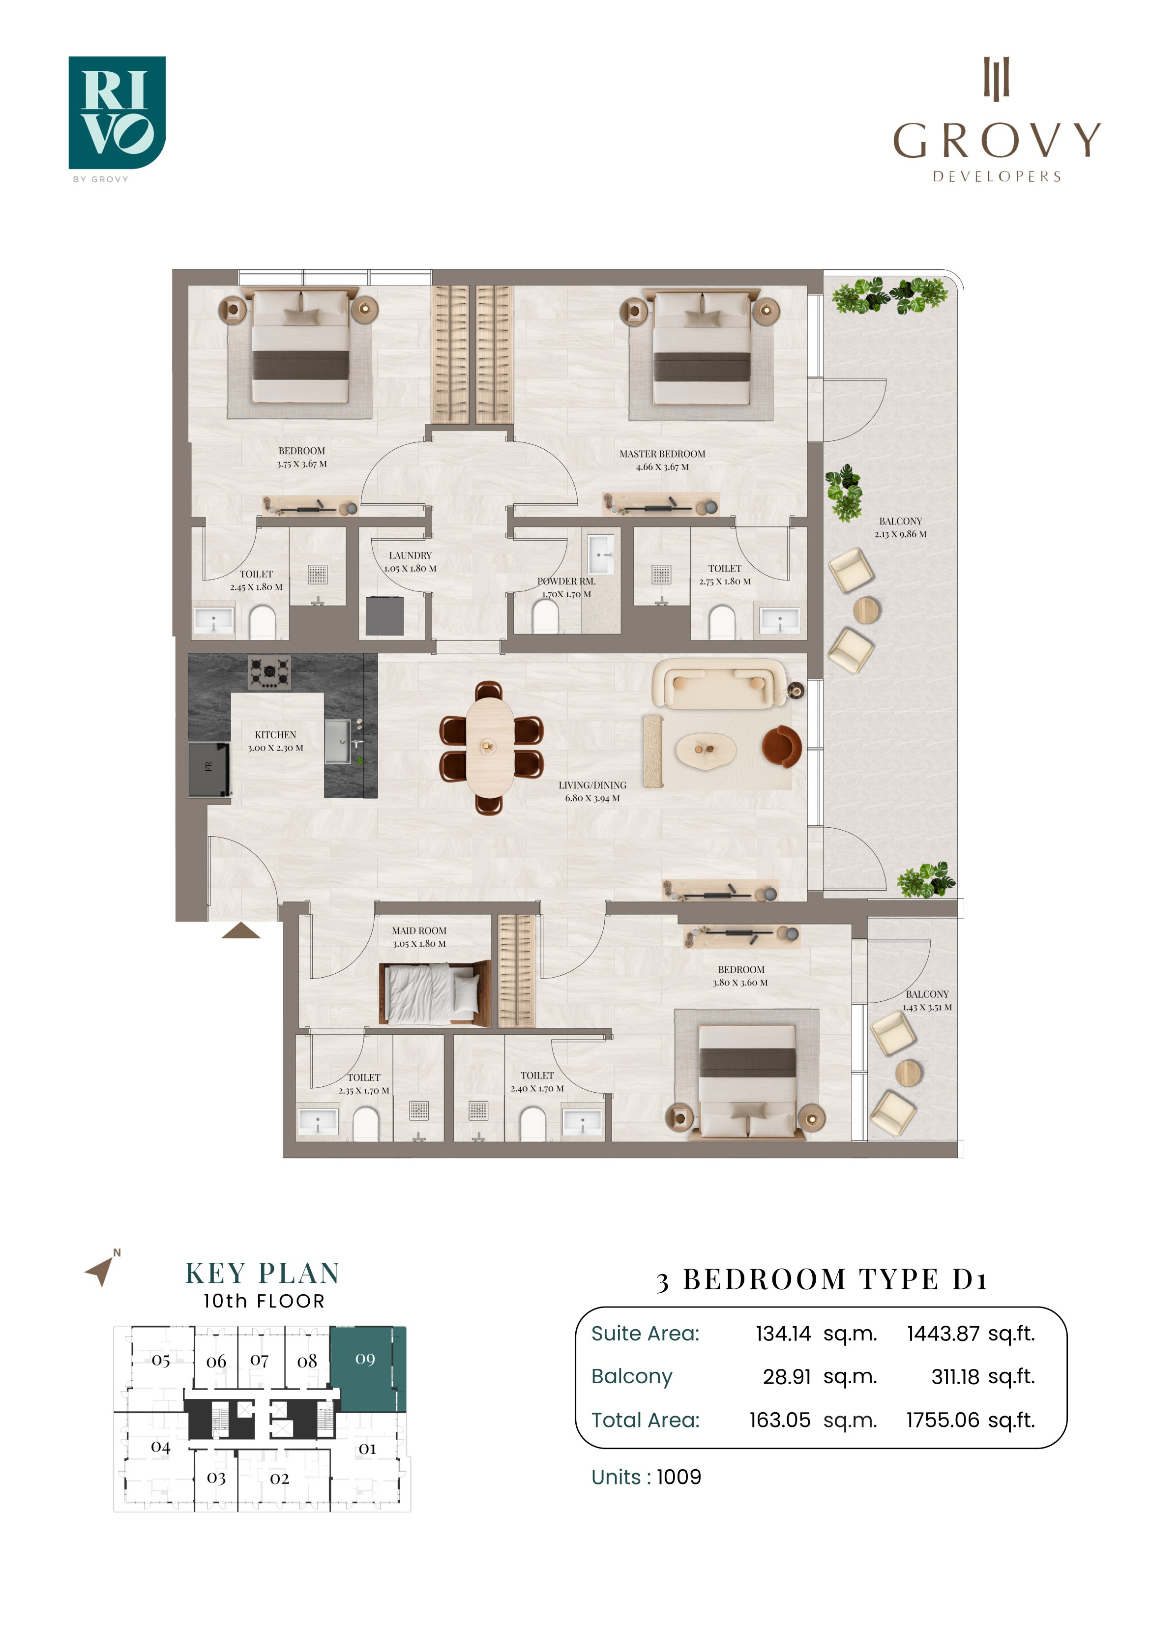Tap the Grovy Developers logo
pos(996,120)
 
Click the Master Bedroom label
pos(662,460)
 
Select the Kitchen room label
pos(276,741)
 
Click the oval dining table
pos(490,747)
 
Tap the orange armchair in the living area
pos(782,747)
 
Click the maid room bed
pos(434,993)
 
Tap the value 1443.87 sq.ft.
pos(971,1334)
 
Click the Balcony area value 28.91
pos(787,1377)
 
